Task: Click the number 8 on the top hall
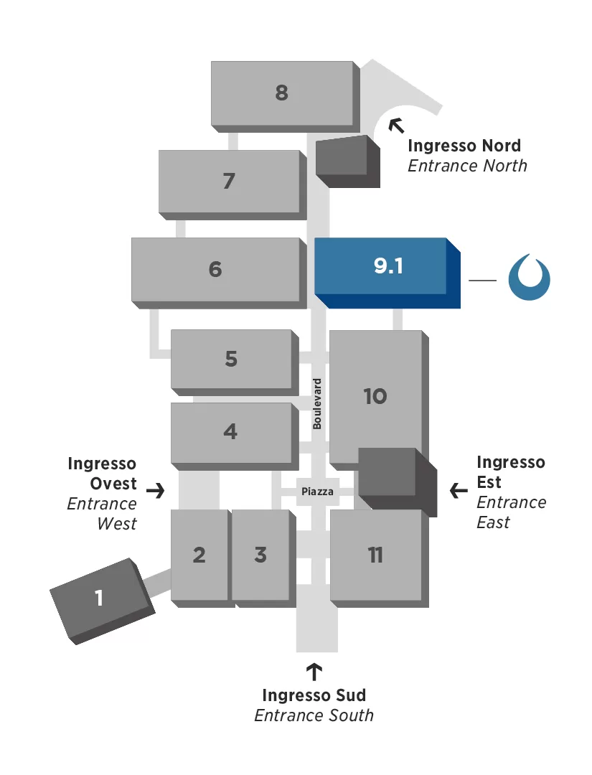pyautogui.click(x=281, y=93)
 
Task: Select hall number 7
pyautogui.click(x=229, y=181)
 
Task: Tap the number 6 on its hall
pyautogui.click(x=215, y=269)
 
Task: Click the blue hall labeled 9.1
pyautogui.click(x=388, y=266)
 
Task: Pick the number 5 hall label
pyautogui.click(x=231, y=359)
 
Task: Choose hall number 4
pyautogui.click(x=230, y=432)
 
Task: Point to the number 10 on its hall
pyautogui.click(x=375, y=396)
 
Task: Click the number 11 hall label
pyautogui.click(x=375, y=555)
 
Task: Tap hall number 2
pyautogui.click(x=199, y=555)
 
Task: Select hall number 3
pyautogui.click(x=260, y=555)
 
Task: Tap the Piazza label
pyautogui.click(x=317, y=492)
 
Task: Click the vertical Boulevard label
pyautogui.click(x=317, y=403)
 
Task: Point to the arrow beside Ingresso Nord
pyautogui.click(x=396, y=126)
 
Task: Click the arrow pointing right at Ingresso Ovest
pyautogui.click(x=155, y=491)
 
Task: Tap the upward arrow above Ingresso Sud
pyautogui.click(x=314, y=672)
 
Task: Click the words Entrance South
pyautogui.click(x=314, y=715)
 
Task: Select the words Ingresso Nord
pyautogui.click(x=464, y=146)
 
